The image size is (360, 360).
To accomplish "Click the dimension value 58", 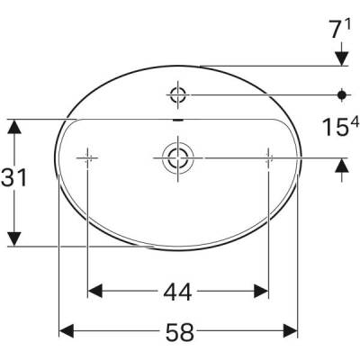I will (180, 332).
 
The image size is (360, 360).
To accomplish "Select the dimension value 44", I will (177, 291).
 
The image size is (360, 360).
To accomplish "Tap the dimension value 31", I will (13, 178).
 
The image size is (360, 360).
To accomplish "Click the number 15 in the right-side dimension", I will (331, 126).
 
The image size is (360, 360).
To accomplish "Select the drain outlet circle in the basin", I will (176, 157).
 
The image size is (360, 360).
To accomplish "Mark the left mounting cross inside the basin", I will (87, 157).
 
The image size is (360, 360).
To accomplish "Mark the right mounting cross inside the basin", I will (268, 157).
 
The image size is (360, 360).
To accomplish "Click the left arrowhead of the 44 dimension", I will (94, 291).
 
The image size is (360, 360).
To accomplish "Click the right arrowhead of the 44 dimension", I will (261, 291).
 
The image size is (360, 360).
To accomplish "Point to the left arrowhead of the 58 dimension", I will (66, 332).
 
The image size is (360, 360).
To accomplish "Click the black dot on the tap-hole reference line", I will (342, 93).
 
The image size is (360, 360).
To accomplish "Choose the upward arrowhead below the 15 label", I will (342, 165).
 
